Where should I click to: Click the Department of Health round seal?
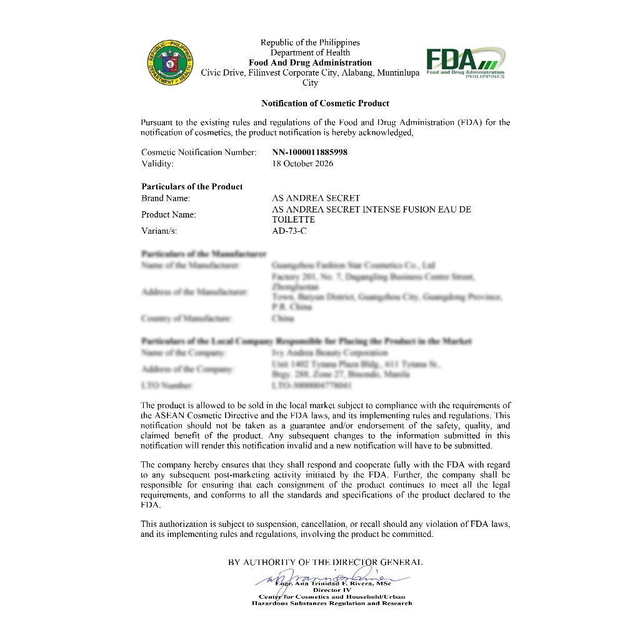click(x=170, y=63)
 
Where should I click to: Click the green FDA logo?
click(x=465, y=62)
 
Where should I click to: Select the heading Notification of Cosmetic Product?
click(x=325, y=103)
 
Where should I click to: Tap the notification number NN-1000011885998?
click(x=310, y=152)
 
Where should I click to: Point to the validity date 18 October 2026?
click(x=302, y=164)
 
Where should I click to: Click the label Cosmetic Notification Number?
click(x=199, y=152)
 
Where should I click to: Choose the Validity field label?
click(x=157, y=164)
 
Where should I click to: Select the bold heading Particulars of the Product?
click(x=192, y=186)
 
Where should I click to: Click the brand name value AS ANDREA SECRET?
click(x=316, y=198)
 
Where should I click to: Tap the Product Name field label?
click(x=169, y=214)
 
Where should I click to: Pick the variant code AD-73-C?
click(x=289, y=231)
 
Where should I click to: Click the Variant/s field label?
click(x=159, y=231)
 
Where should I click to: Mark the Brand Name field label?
click(x=166, y=198)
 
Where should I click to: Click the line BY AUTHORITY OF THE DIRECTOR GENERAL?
click(x=325, y=562)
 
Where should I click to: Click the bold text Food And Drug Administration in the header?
click(x=310, y=62)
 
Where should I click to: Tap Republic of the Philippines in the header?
click(x=310, y=42)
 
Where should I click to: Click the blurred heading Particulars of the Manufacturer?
click(x=204, y=254)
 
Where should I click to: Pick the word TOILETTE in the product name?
click(x=293, y=220)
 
